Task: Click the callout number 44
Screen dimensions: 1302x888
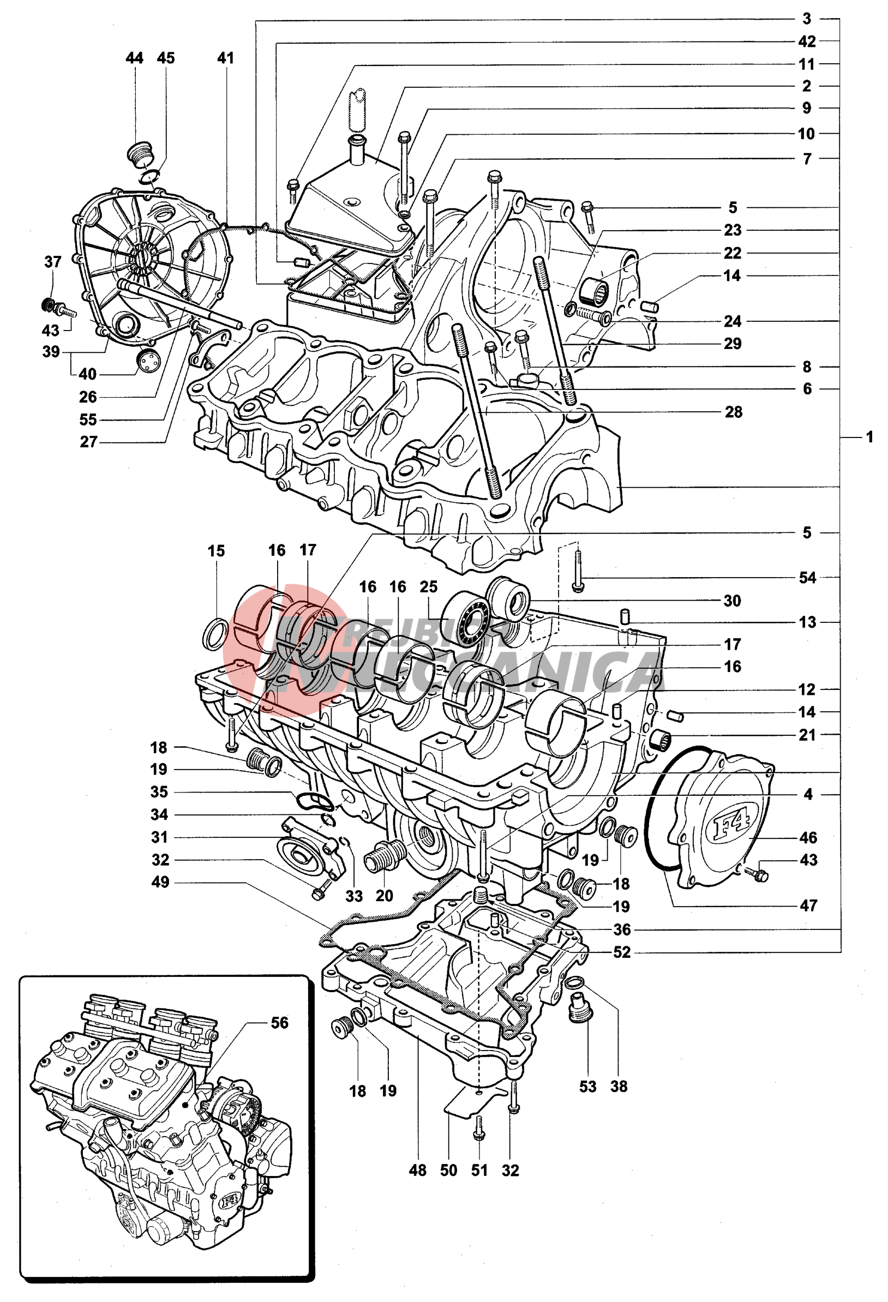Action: (x=135, y=58)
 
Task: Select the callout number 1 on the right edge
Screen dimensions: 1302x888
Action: (x=869, y=437)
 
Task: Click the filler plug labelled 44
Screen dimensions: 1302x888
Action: (x=138, y=153)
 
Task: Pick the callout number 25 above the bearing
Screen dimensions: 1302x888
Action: (x=429, y=587)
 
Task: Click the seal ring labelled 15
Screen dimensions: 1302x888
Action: (x=214, y=635)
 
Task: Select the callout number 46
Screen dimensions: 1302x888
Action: (x=808, y=838)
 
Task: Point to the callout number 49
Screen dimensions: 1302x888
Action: (x=160, y=882)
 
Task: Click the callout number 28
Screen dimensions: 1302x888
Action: (x=734, y=412)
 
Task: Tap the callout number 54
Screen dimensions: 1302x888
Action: (x=807, y=578)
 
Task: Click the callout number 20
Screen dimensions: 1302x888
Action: (x=385, y=896)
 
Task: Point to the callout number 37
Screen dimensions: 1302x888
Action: (x=53, y=262)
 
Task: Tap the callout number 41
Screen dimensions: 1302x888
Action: (x=225, y=58)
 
